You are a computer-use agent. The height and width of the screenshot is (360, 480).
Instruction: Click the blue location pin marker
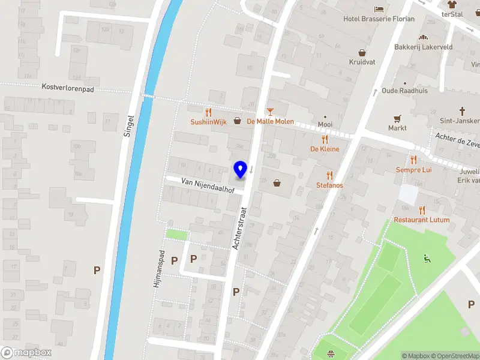click(x=240, y=170)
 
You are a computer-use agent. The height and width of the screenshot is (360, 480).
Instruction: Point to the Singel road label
click(x=127, y=127)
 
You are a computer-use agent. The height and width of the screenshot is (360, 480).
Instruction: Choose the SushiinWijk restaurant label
click(x=209, y=121)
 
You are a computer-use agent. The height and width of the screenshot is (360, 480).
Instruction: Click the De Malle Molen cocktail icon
click(x=270, y=112)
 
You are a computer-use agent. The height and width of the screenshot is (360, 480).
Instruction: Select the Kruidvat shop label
click(x=362, y=61)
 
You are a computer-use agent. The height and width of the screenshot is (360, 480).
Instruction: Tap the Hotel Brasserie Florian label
click(x=379, y=19)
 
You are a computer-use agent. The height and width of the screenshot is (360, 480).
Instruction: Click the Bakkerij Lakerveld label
click(x=423, y=47)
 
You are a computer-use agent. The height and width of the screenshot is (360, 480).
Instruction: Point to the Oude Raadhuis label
click(x=405, y=91)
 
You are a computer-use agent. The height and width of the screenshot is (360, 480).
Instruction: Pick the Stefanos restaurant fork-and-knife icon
click(x=329, y=175)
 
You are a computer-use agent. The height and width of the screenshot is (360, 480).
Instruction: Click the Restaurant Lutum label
click(x=422, y=220)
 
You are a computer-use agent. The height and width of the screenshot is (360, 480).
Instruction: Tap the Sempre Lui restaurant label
click(x=413, y=170)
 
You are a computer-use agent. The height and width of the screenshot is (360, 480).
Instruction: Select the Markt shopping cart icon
click(x=397, y=119)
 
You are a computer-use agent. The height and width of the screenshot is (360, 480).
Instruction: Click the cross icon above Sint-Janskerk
click(x=462, y=110)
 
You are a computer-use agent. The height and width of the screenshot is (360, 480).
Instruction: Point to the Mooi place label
click(x=325, y=125)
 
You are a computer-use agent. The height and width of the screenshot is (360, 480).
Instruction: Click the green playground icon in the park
click(x=427, y=259)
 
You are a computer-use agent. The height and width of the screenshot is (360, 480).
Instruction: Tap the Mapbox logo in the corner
click(x=26, y=353)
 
